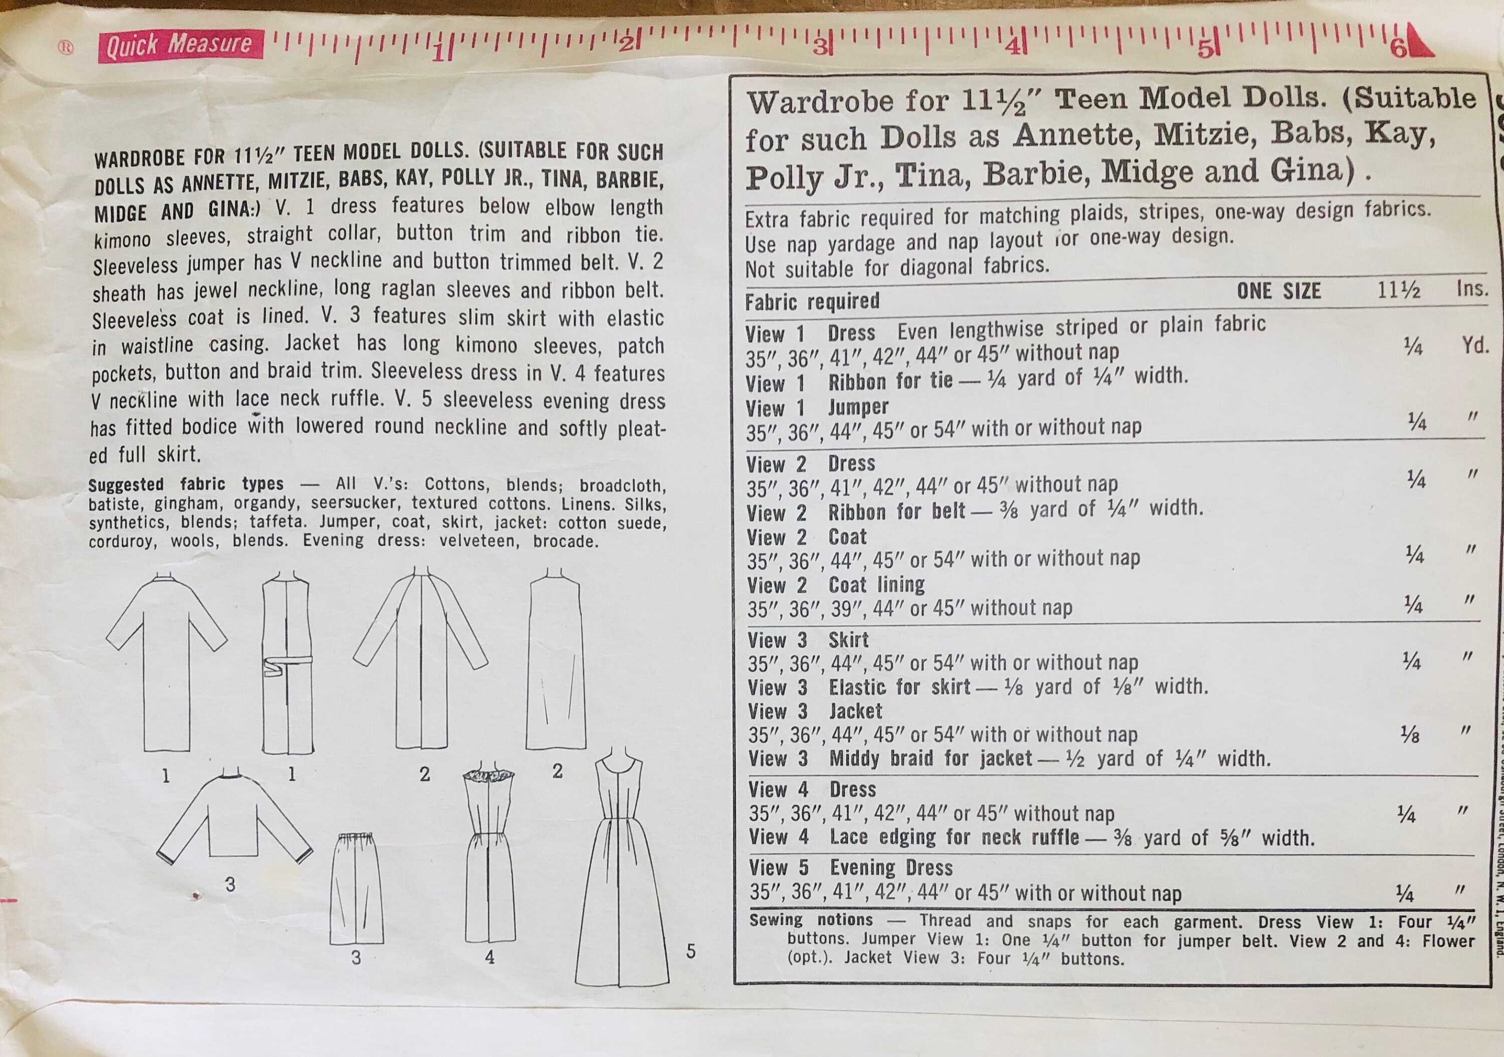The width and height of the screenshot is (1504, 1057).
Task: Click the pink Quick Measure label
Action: coord(180,45)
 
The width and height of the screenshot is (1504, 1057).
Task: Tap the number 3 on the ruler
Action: coord(820,47)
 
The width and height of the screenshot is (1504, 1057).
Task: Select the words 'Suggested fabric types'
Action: coord(185,485)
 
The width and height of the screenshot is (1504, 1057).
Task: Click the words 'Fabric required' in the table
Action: coord(812,302)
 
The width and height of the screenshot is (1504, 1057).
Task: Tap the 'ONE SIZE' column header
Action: coord(1278,291)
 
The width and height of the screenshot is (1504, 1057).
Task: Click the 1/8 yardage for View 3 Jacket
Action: coord(1409,735)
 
